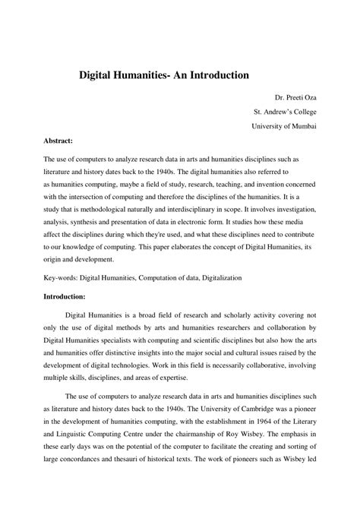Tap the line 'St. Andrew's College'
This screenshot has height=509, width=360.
[285, 112]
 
